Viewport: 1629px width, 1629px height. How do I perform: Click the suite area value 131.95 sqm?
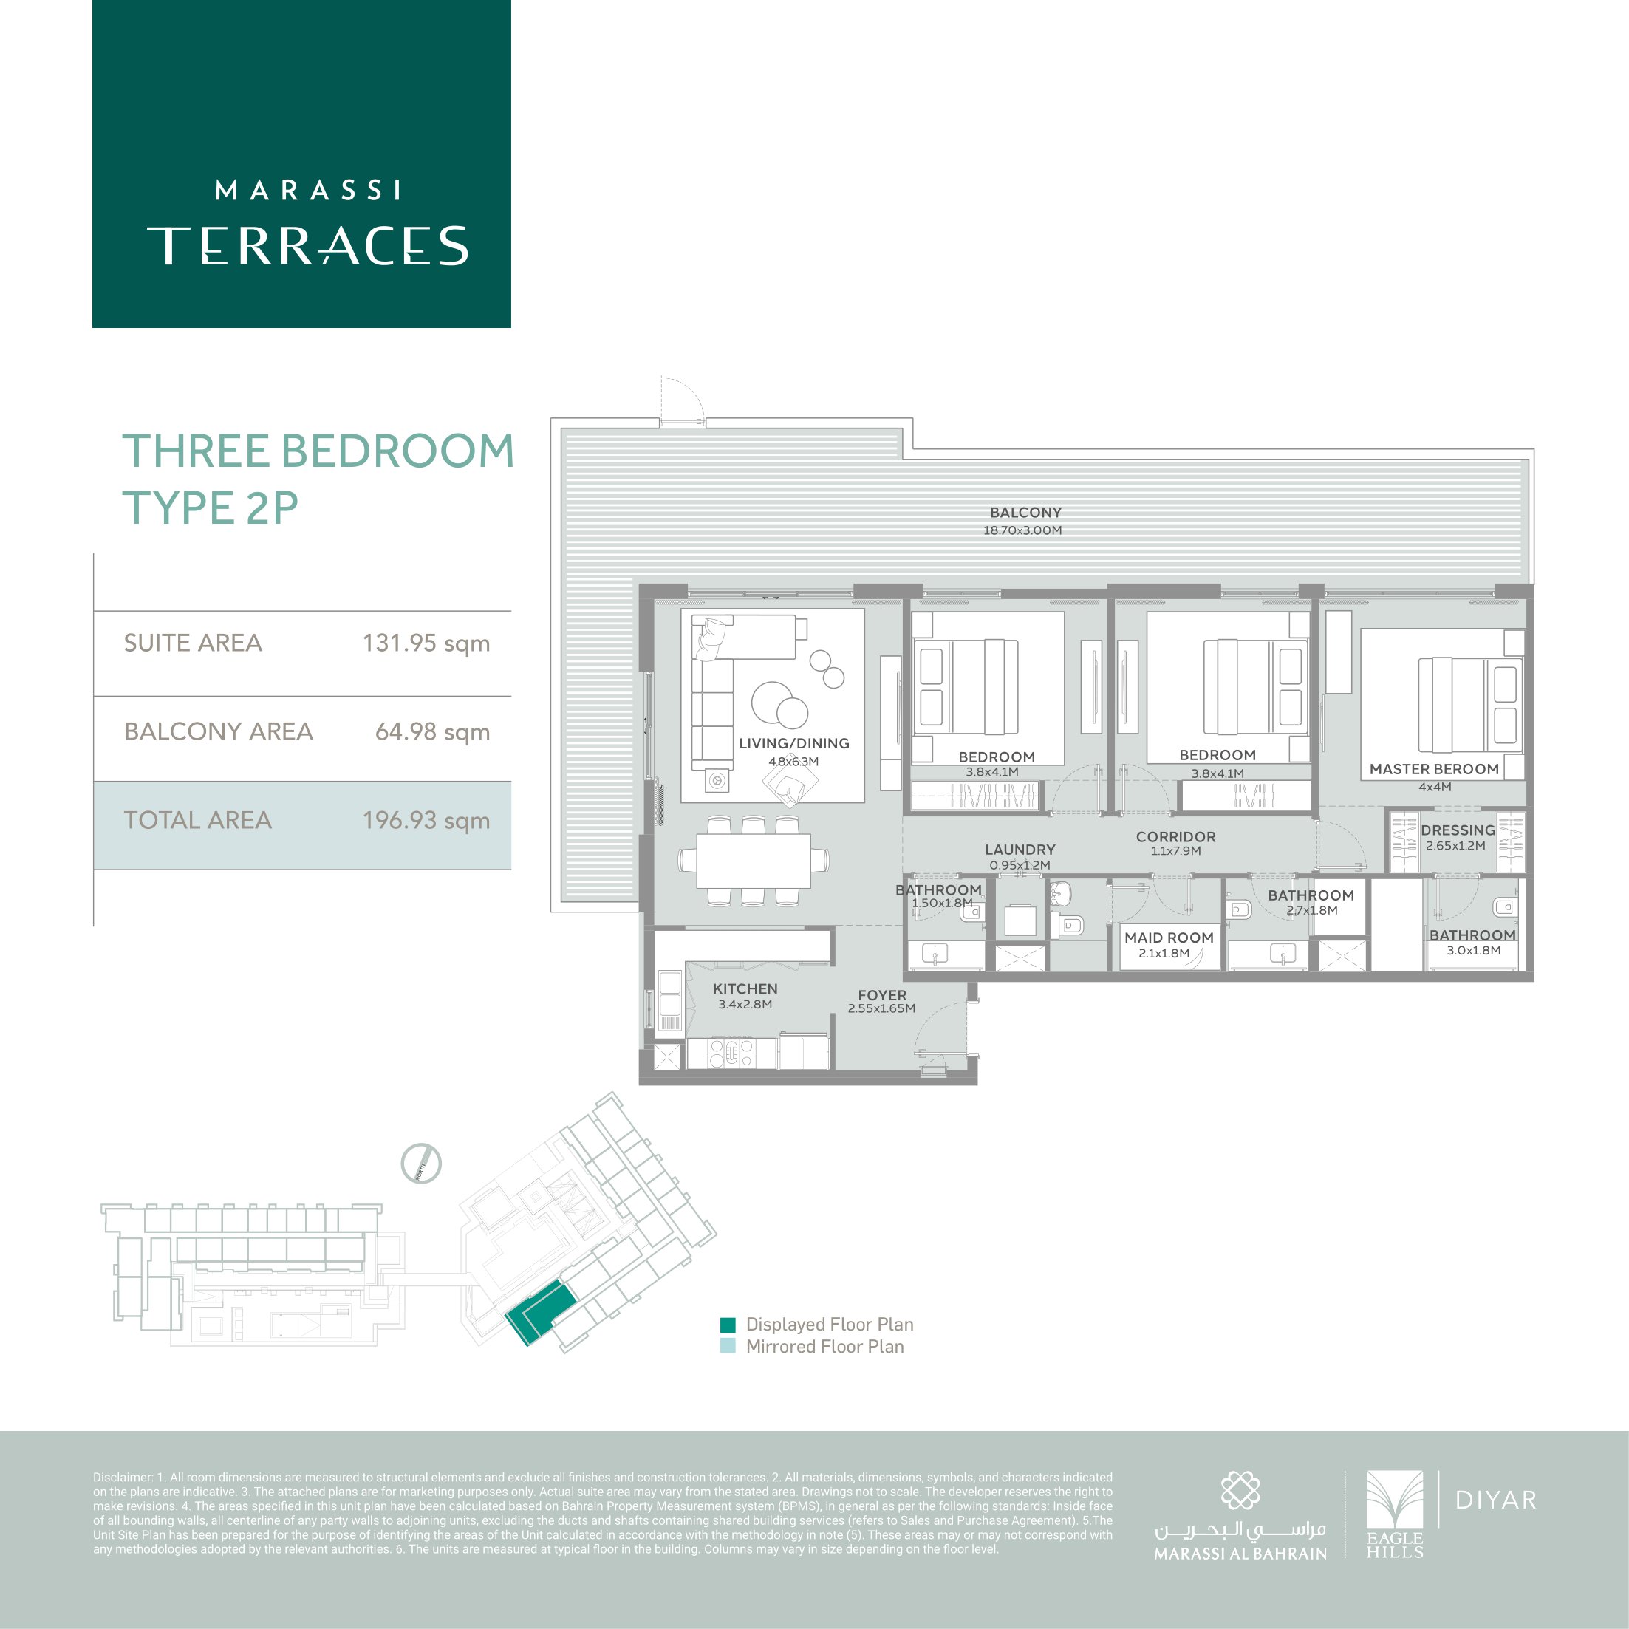coord(426,643)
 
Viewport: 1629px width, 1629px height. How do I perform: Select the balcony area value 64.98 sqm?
coord(432,732)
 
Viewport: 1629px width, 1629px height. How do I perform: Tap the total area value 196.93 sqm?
coord(426,820)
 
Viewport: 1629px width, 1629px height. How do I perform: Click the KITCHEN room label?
coord(745,988)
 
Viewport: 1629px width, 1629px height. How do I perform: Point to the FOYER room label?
coord(882,995)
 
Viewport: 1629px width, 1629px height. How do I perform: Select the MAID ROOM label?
coord(1169,938)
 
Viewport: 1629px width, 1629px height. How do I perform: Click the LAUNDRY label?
coord(1020,849)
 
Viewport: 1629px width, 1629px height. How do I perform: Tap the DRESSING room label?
coord(1458,830)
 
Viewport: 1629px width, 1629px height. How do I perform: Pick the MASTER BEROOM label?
coord(1434,769)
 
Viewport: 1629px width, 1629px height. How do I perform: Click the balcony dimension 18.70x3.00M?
coord(1022,530)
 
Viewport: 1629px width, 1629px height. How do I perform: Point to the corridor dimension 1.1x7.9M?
coord(1176,851)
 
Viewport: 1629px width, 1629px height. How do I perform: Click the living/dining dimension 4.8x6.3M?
coord(793,762)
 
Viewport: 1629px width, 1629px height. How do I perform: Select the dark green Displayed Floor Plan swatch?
coord(728,1325)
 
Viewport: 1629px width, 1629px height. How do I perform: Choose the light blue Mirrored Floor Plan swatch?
coord(728,1347)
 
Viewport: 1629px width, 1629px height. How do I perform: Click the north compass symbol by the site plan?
coord(421,1164)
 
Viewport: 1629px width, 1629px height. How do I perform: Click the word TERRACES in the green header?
coord(308,245)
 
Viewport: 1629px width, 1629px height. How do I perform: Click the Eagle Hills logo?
coord(1395,1514)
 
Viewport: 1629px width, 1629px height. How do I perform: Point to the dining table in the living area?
coord(754,860)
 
